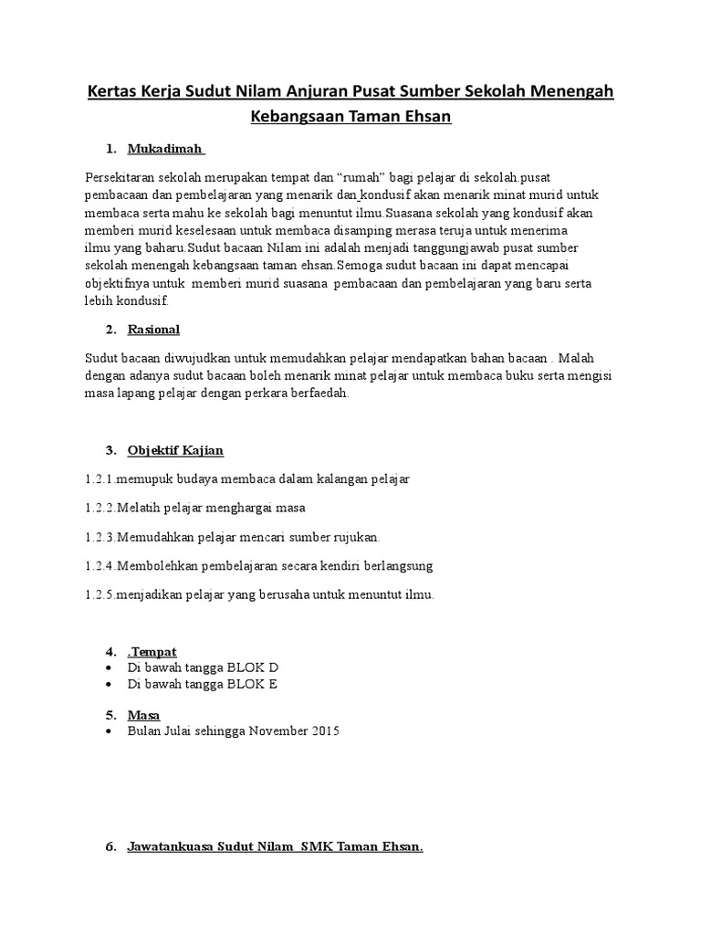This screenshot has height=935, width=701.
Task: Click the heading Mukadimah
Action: (166, 149)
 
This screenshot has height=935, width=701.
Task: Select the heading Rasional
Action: (154, 329)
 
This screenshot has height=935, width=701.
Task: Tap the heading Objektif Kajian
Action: (176, 450)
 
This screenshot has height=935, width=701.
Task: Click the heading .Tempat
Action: (152, 651)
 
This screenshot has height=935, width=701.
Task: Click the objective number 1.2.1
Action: (99, 478)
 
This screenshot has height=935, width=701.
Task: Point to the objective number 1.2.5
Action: (99, 595)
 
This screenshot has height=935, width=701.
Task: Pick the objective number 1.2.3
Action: (99, 537)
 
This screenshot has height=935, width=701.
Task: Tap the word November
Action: (276, 731)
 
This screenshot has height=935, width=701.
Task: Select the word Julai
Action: (182, 731)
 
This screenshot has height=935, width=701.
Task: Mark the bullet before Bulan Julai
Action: (110, 731)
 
